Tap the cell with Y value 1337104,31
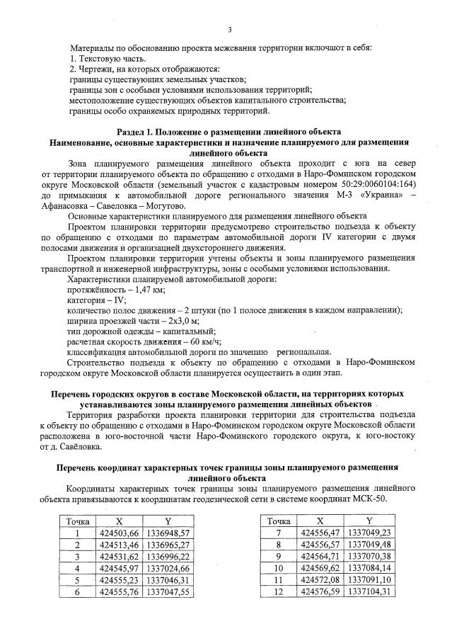(x=366, y=591)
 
